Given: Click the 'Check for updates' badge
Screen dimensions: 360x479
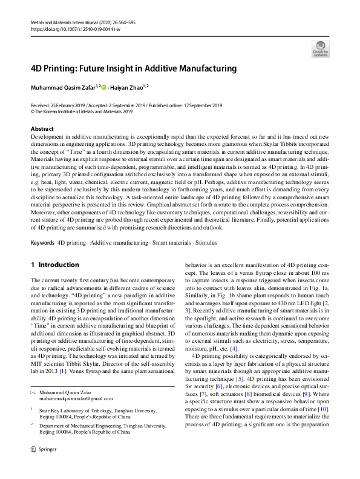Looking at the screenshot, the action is pos(319,49).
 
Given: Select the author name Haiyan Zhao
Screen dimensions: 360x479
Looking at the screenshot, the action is pos(126,88).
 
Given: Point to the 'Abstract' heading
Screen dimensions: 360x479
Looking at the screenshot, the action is pos(42,129).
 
